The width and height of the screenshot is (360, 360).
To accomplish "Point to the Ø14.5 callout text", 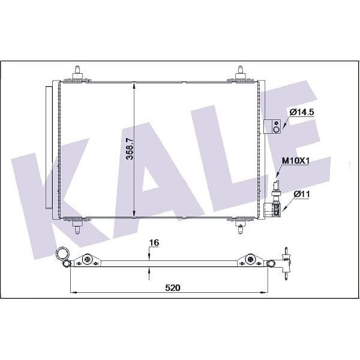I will (x=302, y=112).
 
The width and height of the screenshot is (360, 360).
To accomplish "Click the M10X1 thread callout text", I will (x=295, y=161).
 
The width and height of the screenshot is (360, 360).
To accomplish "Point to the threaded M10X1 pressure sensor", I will (x=277, y=186).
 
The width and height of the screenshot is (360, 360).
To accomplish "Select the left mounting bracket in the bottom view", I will (x=88, y=260).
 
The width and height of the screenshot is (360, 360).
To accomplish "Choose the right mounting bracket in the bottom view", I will (x=250, y=260).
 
